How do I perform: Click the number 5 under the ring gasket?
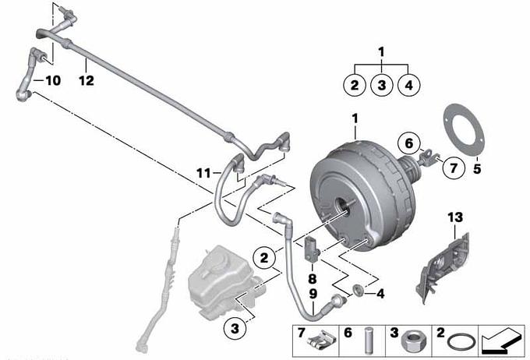(476, 168)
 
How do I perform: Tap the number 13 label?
(455, 217)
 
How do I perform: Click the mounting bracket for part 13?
(443, 267)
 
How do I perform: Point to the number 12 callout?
(87, 80)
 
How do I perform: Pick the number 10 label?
(53, 80)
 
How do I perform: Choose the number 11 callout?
(203, 174)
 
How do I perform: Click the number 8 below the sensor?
(313, 279)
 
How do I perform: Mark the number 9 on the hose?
(313, 294)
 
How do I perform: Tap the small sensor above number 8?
(312, 250)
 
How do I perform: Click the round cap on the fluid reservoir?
(219, 259)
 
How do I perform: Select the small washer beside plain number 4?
(358, 290)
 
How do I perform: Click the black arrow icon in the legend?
(501, 341)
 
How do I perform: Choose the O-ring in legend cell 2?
(461, 342)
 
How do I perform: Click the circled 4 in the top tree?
(408, 84)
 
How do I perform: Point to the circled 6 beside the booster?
(409, 143)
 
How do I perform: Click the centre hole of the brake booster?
(342, 206)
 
